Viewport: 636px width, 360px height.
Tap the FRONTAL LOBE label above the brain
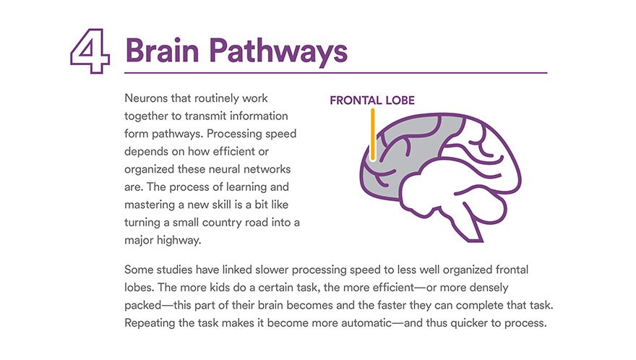tap(372, 100)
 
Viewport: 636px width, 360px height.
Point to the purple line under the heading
tap(335, 73)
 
